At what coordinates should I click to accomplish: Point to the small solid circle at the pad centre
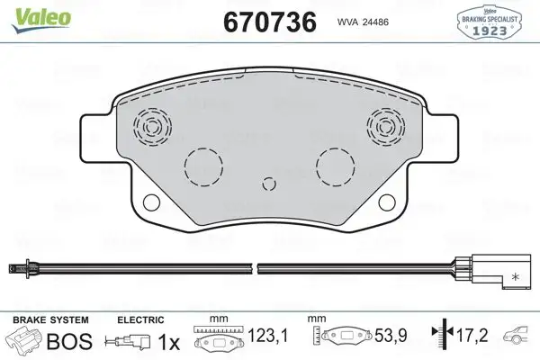point(266,185)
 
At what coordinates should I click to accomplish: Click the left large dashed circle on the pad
point(202,167)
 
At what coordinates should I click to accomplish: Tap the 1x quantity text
point(168,343)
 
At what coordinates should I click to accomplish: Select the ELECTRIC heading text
point(140,319)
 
